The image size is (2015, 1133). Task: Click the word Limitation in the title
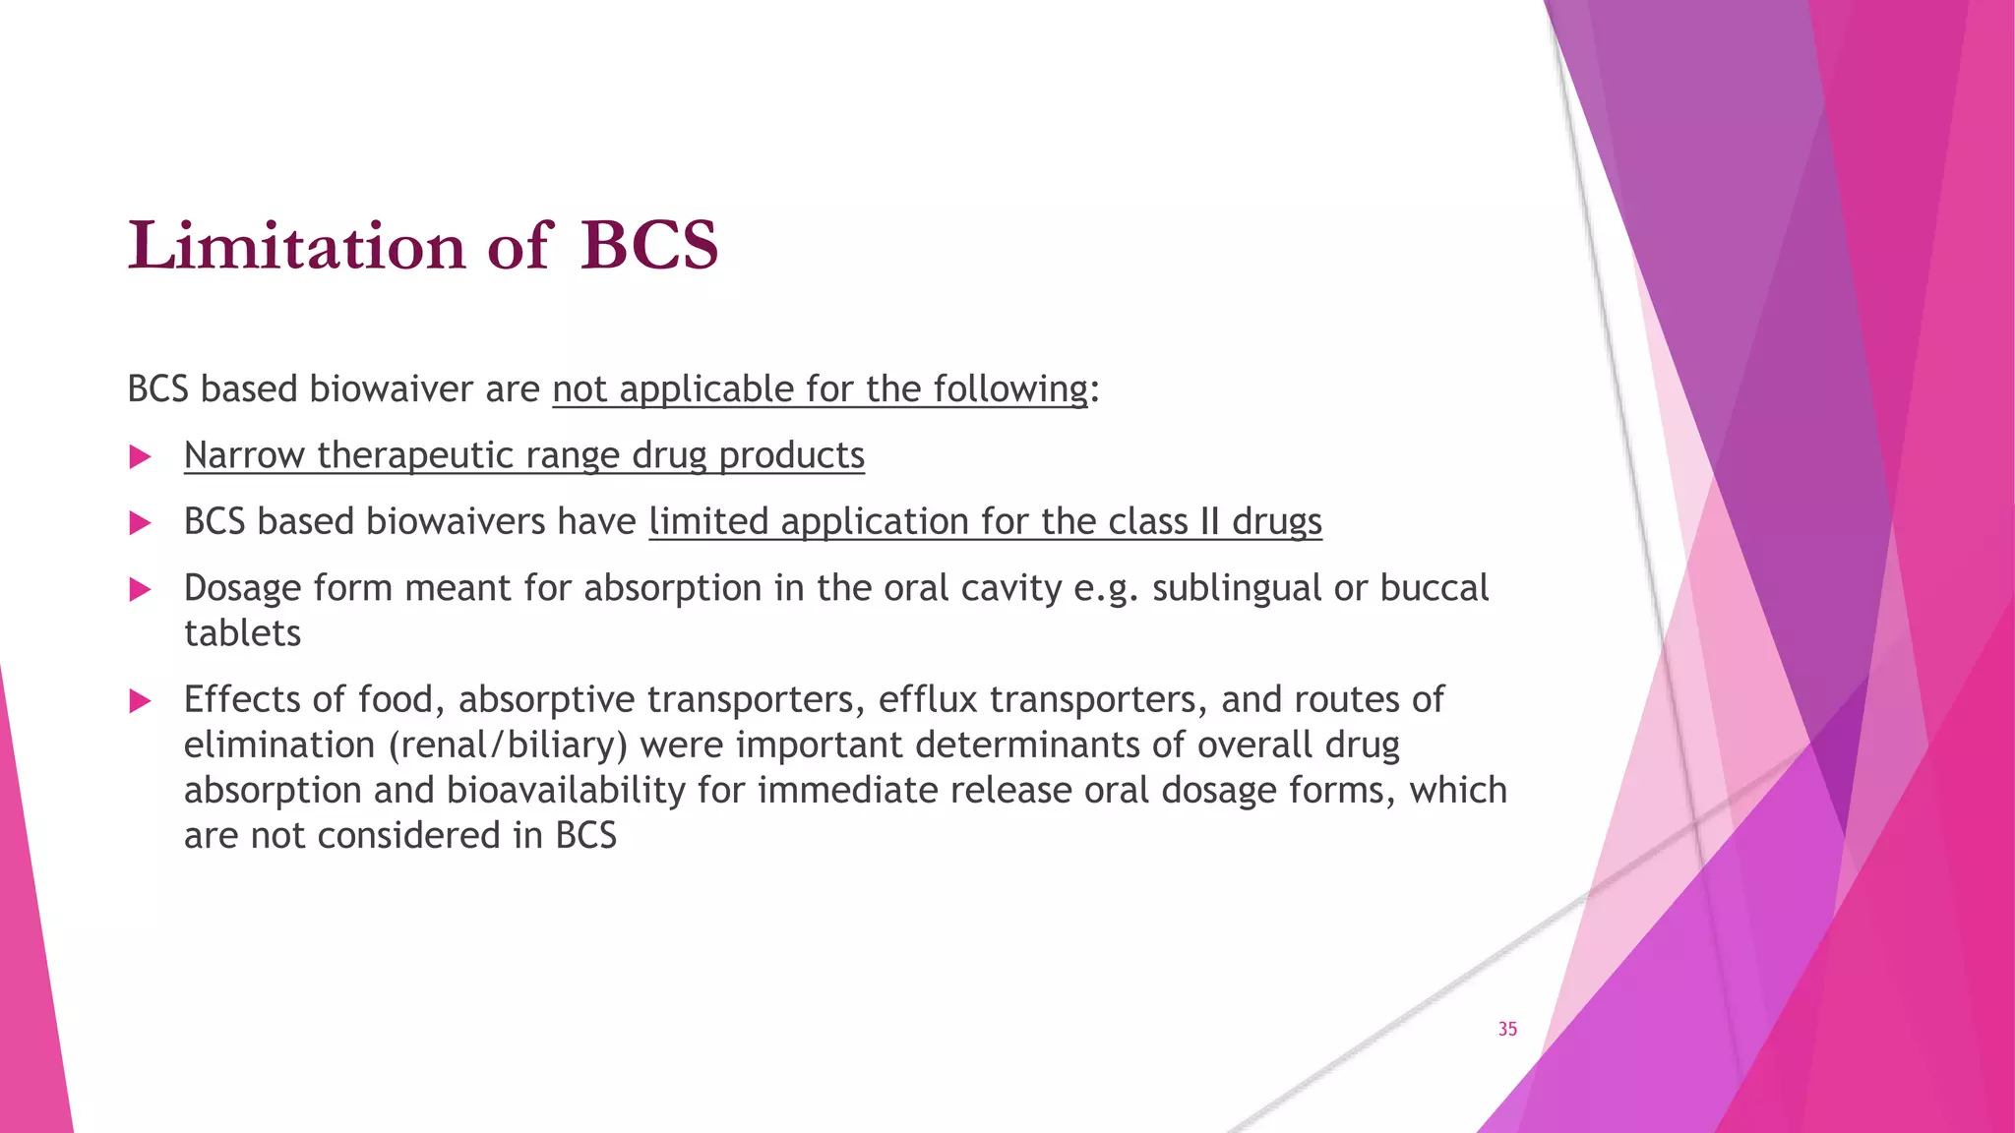point(296,245)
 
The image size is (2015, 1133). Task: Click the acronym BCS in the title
point(649,245)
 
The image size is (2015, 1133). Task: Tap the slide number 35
point(1507,1029)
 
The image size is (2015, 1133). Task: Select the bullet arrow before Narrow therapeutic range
point(141,456)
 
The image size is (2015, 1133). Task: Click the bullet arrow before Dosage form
point(141,589)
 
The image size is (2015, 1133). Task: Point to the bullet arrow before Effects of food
point(141,700)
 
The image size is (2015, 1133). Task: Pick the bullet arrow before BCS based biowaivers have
point(141,522)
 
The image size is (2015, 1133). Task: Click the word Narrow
point(244,455)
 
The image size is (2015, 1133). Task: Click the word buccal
point(1435,588)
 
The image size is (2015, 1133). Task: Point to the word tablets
point(242,633)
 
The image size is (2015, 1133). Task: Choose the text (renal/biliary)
point(508,745)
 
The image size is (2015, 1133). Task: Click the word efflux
point(928,699)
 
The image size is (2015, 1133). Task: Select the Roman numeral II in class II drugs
point(1209,521)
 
